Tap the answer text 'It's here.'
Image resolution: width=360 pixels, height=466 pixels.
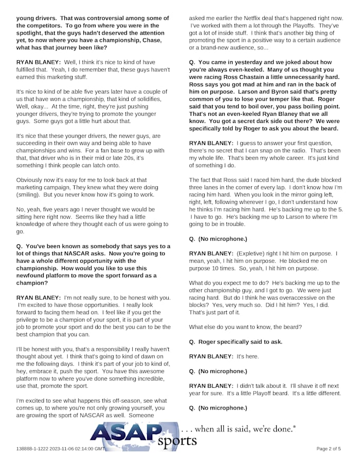247,356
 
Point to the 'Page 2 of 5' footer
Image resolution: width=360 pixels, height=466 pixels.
328,449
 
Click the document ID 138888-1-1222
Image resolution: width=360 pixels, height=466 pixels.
32,449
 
